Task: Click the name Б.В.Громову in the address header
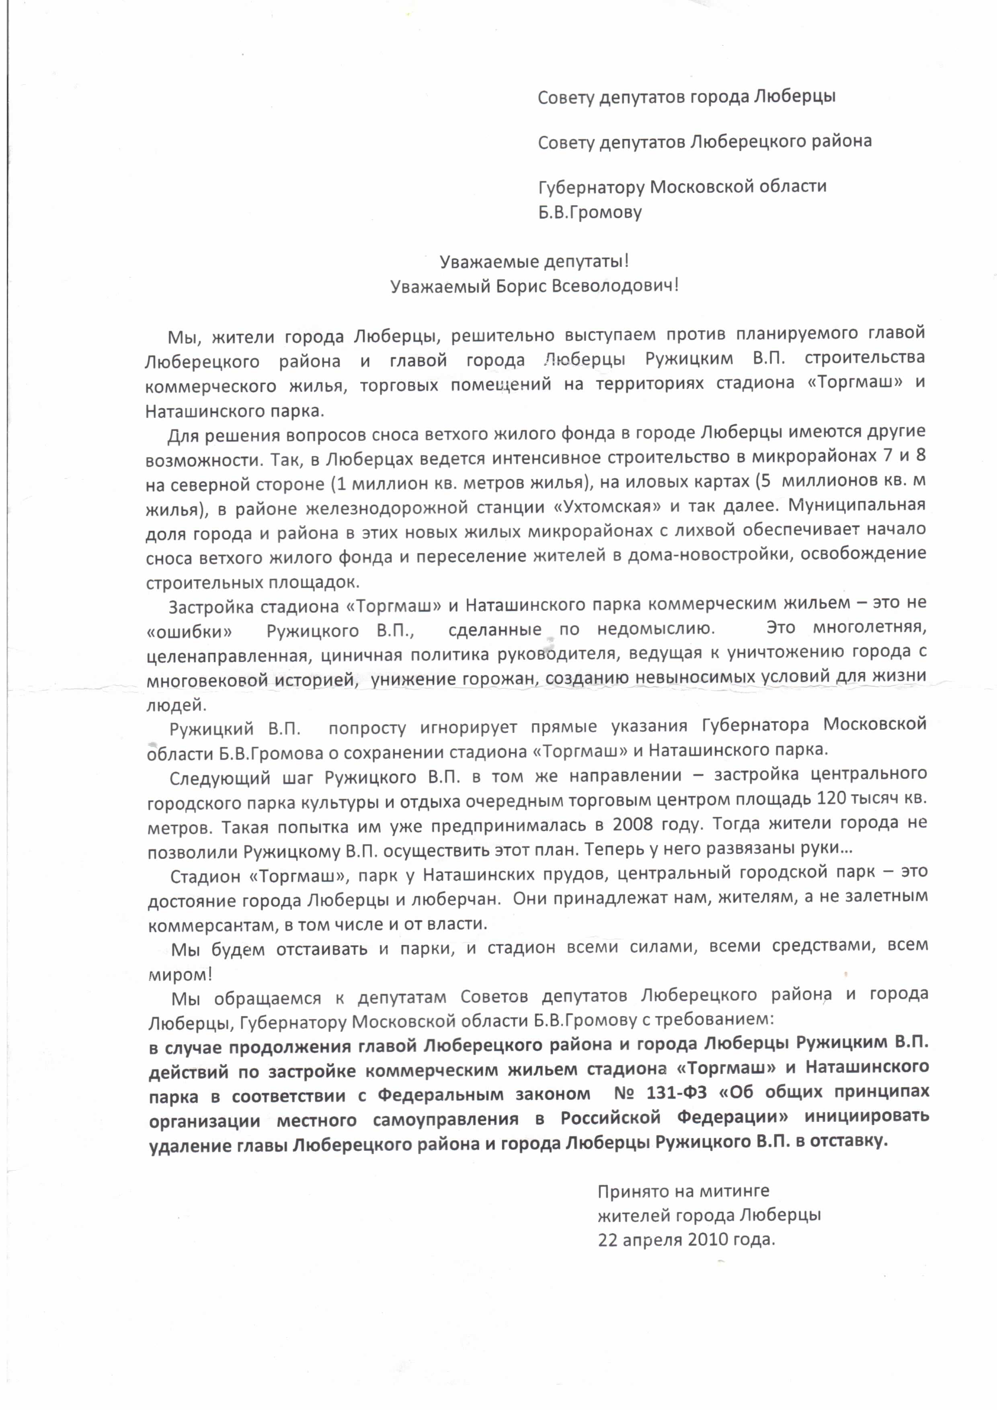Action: (590, 213)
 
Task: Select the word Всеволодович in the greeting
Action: (615, 286)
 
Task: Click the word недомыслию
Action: (655, 629)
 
